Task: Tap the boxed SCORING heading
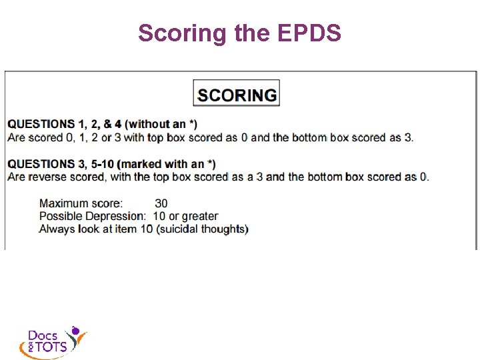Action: click(237, 94)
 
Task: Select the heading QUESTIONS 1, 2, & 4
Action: click(65, 124)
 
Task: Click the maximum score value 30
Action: click(161, 203)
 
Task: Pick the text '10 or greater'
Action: click(185, 216)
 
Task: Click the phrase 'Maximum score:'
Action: click(81, 203)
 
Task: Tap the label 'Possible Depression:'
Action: click(92, 216)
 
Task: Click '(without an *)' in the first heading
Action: click(162, 124)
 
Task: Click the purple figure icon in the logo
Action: click(76, 331)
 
